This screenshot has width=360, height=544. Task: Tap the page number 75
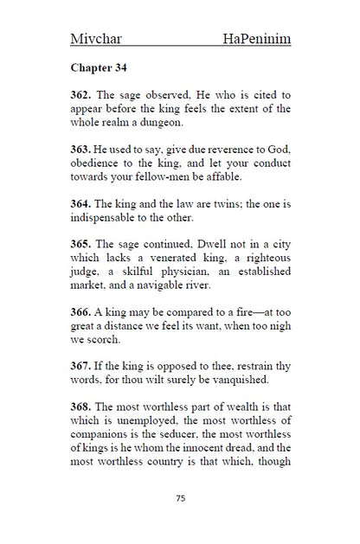pyautogui.click(x=180, y=498)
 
